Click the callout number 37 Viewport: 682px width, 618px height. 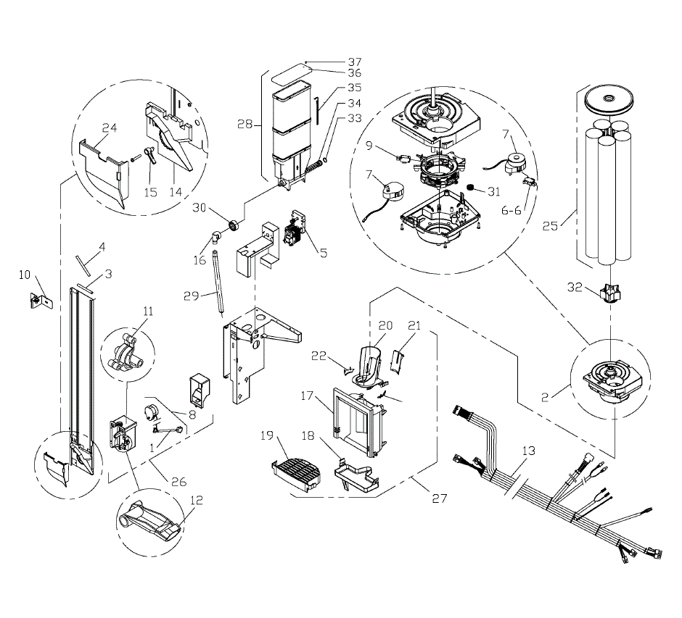(x=354, y=62)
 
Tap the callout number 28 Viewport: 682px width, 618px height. (x=245, y=125)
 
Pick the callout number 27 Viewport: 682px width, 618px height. (x=440, y=499)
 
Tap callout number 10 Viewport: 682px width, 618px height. (x=25, y=275)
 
